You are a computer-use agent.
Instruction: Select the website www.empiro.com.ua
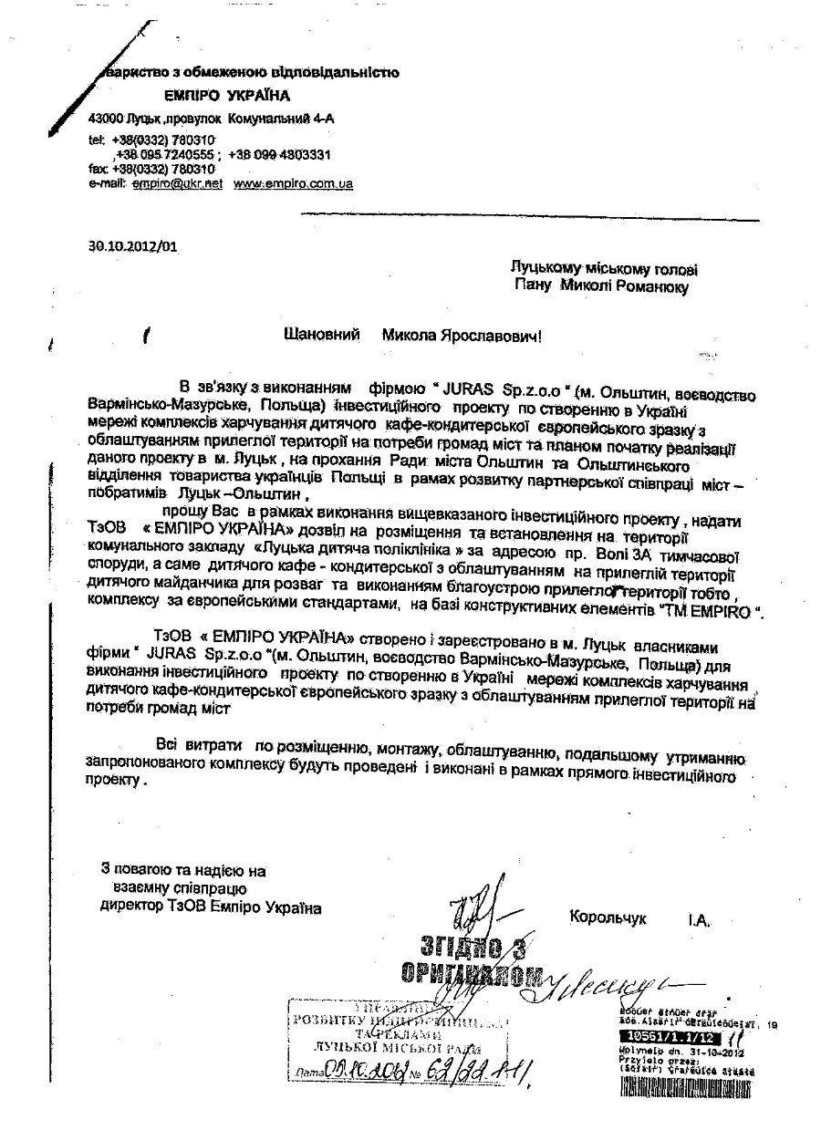pyautogui.click(x=294, y=183)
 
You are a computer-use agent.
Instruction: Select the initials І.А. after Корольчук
pyautogui.click(x=700, y=915)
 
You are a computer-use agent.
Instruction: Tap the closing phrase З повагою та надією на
pyautogui.click(x=183, y=871)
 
